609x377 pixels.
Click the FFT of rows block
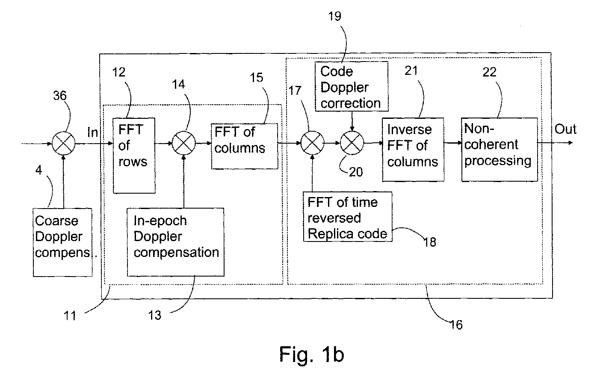coord(134,156)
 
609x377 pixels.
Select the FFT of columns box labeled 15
coord(245,146)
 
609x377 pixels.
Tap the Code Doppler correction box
coord(352,86)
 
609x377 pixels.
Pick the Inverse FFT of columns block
coord(413,150)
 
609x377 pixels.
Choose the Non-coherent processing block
coord(500,150)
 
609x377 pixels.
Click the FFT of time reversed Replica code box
coord(348,217)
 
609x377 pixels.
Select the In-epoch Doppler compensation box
coord(176,242)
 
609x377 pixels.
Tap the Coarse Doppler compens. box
coord(62,242)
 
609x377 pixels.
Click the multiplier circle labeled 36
coord(64,143)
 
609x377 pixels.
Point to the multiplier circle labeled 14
coord(184,143)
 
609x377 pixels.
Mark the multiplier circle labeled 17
coord(312,143)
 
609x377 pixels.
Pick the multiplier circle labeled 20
coord(352,143)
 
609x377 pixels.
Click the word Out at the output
coord(565,129)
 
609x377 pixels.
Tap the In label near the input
coord(92,133)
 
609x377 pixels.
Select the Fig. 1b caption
coord(312,354)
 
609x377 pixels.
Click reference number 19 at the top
coord(335,16)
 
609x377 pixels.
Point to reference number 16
coord(456,325)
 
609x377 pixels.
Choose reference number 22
coord(489,72)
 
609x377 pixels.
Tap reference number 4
coord(38,170)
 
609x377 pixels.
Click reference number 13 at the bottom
coord(155,315)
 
